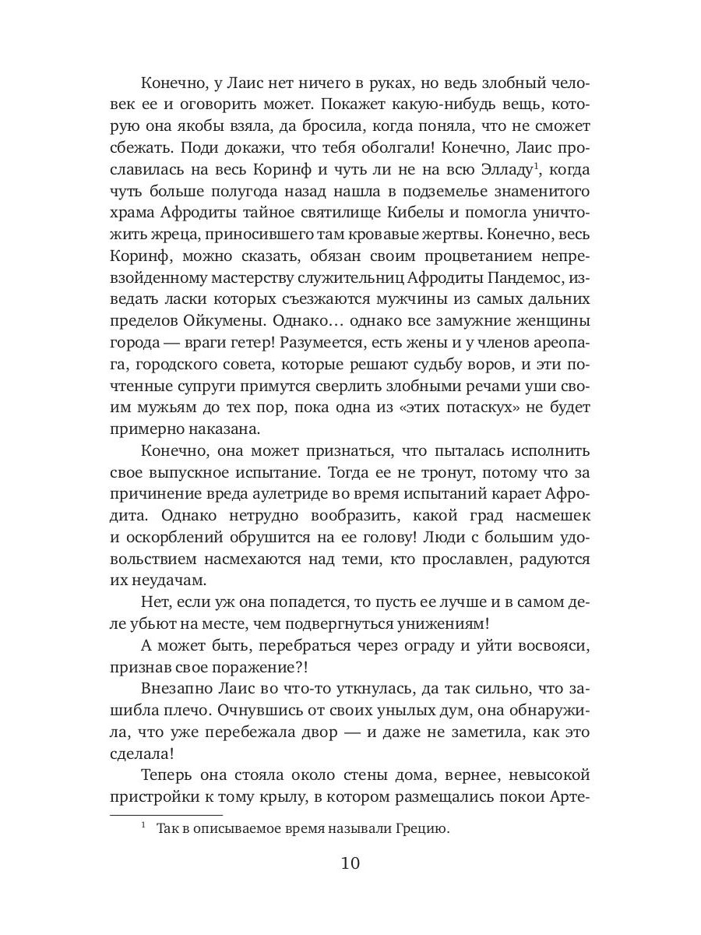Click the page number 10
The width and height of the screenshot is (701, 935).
(x=350, y=863)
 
